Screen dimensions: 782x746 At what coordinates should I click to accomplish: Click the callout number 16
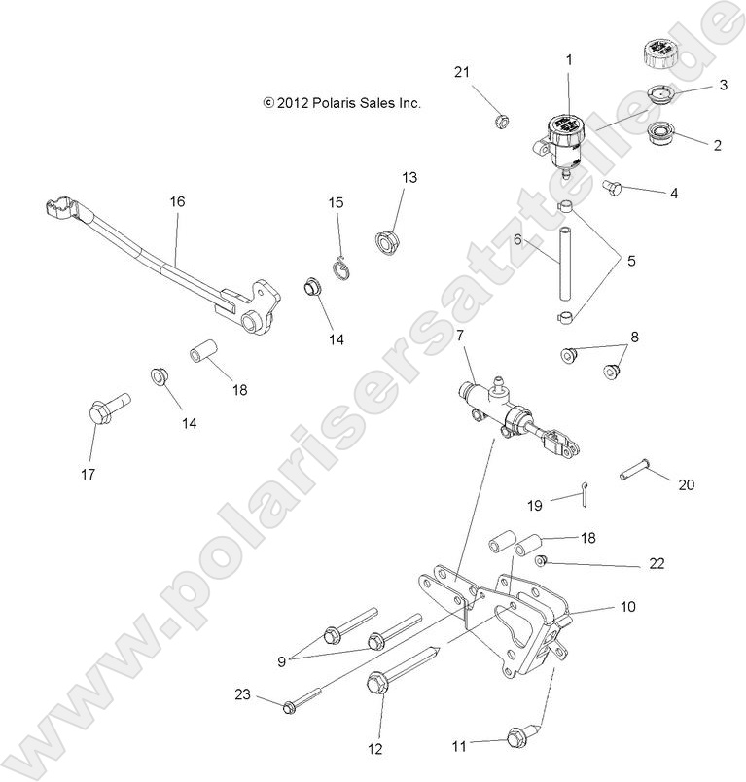click(x=176, y=202)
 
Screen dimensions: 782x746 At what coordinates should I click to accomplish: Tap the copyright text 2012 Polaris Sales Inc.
click(x=341, y=101)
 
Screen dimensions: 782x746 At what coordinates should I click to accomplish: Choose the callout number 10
click(x=627, y=606)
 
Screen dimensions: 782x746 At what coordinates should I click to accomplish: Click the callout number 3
click(x=723, y=85)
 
